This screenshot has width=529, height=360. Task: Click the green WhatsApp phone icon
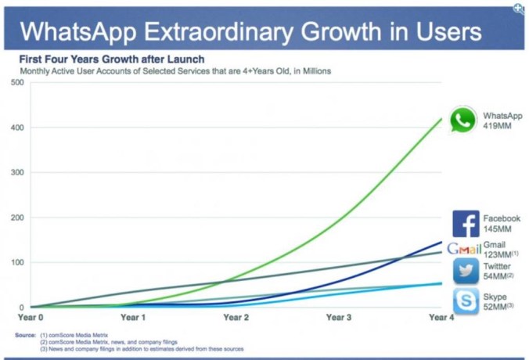pos(463,120)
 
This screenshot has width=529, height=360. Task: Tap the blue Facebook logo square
pos(466,224)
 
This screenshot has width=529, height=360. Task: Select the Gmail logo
pos(463,250)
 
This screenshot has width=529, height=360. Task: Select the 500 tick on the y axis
pos(17,82)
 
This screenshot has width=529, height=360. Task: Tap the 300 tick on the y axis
pos(17,172)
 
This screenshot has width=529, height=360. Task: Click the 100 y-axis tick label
pos(17,262)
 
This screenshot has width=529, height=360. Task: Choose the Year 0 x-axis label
pos(31,318)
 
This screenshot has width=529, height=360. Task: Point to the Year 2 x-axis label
pos(236,318)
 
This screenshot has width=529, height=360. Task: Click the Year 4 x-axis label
pos(443,318)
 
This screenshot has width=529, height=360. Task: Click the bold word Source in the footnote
pos(25,336)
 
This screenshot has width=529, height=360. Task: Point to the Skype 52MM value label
pos(498,306)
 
